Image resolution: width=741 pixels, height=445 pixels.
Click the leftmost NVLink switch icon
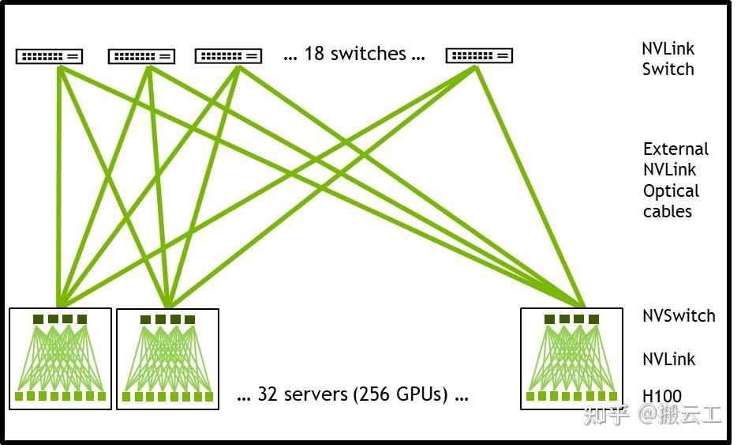pos(49,56)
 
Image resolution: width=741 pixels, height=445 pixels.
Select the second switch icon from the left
pos(141,56)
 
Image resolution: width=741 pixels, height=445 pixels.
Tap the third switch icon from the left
pos(228,56)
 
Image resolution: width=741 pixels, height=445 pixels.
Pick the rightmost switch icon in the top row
pos(479,56)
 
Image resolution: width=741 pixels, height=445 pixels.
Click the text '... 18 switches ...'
pos(354,54)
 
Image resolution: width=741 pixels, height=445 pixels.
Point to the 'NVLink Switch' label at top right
pos(668,59)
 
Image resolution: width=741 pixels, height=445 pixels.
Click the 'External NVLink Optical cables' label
pos(675,180)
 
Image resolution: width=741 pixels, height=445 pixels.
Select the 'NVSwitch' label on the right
pos(679,316)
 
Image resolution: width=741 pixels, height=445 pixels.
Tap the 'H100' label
pos(661,397)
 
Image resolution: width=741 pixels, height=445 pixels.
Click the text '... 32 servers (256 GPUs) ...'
pos(353,394)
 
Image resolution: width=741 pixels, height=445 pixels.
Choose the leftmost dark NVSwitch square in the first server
pos(38,319)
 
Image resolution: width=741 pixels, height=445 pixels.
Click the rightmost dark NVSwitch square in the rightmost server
pos(593,319)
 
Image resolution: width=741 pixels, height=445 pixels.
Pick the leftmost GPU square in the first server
pos(20,396)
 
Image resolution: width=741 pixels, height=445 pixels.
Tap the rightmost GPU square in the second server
pos(209,397)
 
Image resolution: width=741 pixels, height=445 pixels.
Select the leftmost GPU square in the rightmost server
pos(531,396)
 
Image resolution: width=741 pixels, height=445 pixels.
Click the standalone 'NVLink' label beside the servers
pos(668,360)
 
